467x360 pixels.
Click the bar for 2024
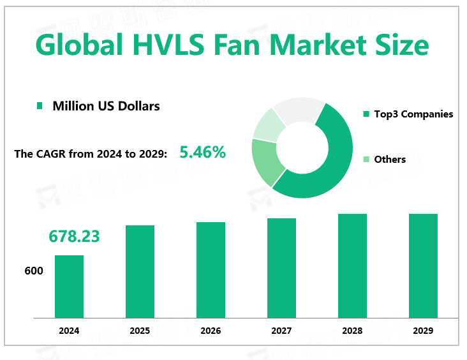(x=69, y=287)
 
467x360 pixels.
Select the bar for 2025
(x=140, y=271)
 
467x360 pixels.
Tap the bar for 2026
(x=211, y=270)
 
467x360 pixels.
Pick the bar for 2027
(x=281, y=268)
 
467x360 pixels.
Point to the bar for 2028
(x=352, y=266)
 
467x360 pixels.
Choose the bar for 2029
(x=423, y=266)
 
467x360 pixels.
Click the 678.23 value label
(x=74, y=236)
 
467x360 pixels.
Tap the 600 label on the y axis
(x=34, y=271)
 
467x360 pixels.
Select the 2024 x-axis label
(x=69, y=331)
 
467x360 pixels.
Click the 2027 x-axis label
(x=281, y=331)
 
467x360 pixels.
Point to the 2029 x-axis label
(x=423, y=331)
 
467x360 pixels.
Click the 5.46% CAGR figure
(x=202, y=153)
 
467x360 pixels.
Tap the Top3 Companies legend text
(x=413, y=114)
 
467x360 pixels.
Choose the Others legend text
(x=390, y=159)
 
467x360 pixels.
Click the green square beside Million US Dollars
(x=40, y=106)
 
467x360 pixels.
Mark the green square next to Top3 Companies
(x=366, y=114)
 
